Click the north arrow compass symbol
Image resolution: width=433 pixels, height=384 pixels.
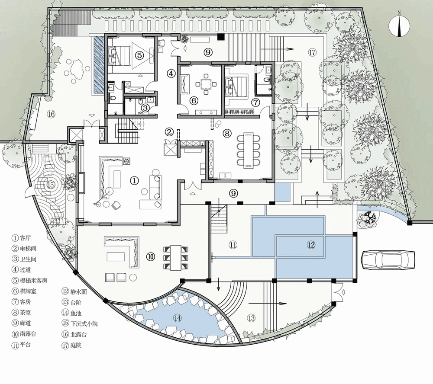tap(399, 26)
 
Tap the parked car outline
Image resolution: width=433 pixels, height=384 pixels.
tap(388, 259)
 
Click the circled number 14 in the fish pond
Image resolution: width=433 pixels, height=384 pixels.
tap(177, 318)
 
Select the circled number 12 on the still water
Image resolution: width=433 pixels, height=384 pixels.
tap(311, 245)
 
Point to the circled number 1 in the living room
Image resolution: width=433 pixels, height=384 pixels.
tap(134, 181)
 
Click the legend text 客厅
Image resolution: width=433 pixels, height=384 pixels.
tap(26, 238)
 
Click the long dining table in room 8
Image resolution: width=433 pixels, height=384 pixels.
tap(248, 150)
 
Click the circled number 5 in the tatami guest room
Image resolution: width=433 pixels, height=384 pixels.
tap(139, 55)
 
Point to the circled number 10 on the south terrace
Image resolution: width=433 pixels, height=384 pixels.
tap(151, 256)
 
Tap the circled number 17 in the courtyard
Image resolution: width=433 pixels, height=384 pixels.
tap(312, 52)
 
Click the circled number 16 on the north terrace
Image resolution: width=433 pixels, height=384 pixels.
tap(51, 114)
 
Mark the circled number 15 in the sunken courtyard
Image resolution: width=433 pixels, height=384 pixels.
tap(51, 184)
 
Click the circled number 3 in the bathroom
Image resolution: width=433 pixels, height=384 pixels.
tap(145, 108)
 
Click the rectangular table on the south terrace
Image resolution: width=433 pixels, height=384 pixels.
tap(176, 258)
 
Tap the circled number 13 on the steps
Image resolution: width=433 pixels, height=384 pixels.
tap(251, 318)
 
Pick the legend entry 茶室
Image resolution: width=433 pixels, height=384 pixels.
tap(26, 313)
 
